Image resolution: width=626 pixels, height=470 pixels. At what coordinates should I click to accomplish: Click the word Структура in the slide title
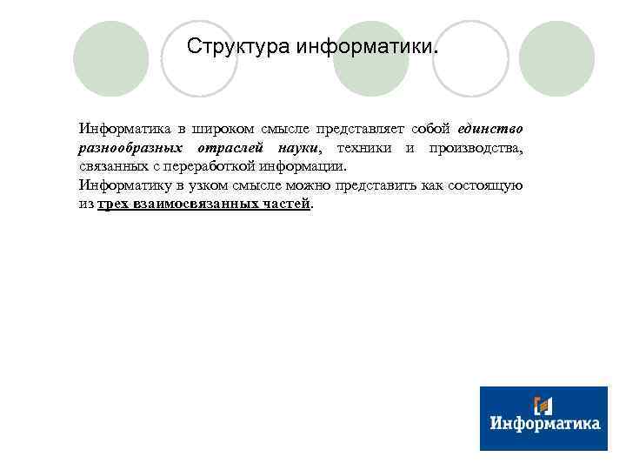[238, 45]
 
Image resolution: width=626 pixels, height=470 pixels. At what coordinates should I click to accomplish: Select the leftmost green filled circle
[110, 59]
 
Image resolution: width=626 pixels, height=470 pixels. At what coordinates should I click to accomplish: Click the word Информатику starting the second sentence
[124, 185]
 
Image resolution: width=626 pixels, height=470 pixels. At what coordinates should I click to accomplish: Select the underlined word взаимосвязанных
[183, 205]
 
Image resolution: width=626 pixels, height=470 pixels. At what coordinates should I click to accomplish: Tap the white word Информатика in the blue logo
[544, 424]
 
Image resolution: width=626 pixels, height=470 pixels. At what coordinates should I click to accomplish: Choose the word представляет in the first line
[357, 130]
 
